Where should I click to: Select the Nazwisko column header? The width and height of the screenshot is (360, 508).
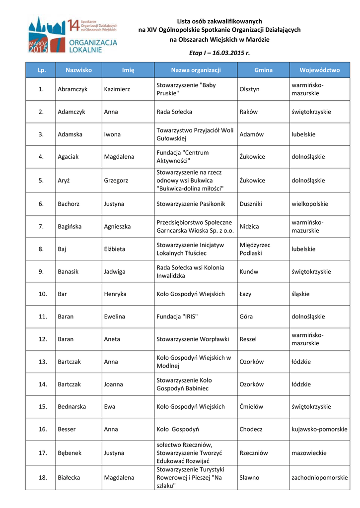coord(78,70)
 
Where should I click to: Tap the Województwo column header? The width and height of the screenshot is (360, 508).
coord(319,70)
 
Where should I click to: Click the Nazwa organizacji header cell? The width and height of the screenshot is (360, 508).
coord(196,70)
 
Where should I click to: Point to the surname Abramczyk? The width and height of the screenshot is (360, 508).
coord(72,89)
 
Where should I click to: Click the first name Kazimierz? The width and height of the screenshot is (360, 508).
coord(117,89)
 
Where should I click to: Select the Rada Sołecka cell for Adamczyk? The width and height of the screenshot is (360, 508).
coord(174,112)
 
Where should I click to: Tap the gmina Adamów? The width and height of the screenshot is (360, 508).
coord(251,134)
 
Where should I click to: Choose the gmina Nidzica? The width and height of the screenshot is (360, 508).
coord(249,227)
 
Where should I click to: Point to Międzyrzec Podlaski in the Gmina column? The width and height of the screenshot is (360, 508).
coord(255,249)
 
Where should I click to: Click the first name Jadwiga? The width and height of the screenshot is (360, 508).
coord(115,272)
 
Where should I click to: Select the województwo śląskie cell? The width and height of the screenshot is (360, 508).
coord(300,294)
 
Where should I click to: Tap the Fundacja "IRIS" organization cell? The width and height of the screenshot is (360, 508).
coord(177,317)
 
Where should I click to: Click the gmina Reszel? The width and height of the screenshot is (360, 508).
coord(248,339)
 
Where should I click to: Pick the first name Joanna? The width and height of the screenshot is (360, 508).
coord(114,384)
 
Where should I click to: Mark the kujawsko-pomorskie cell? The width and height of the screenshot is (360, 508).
coord(319,430)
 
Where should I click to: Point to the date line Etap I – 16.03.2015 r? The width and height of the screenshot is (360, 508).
coord(219,53)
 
